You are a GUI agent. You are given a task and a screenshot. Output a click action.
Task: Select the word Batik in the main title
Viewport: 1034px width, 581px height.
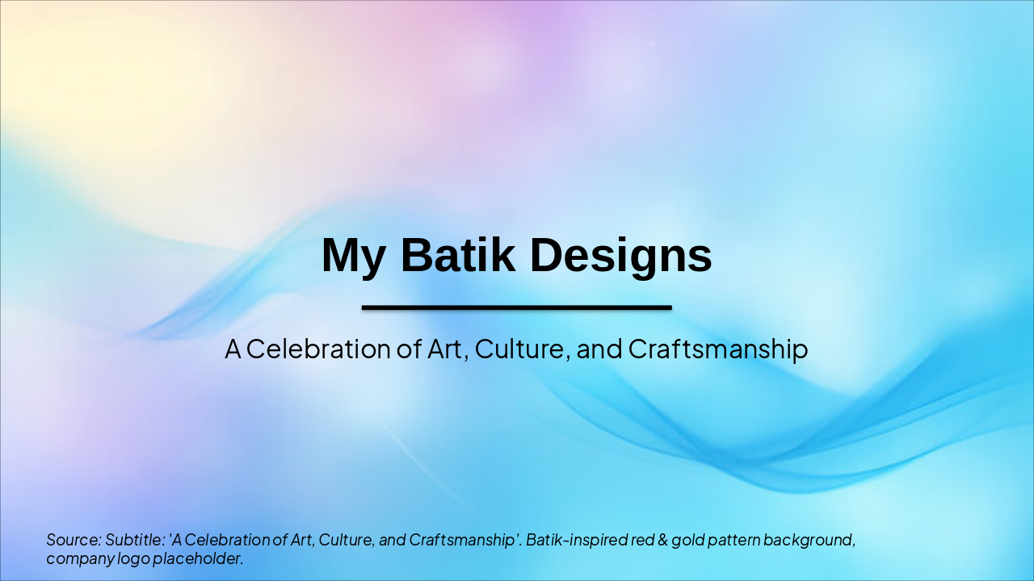tap(457, 257)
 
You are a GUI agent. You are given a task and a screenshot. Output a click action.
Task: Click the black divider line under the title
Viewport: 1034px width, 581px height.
tap(517, 307)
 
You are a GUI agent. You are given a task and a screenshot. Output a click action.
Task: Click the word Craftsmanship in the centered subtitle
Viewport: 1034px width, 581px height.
tap(717, 349)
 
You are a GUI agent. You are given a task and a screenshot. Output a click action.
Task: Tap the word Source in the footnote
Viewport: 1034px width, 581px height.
tap(74, 540)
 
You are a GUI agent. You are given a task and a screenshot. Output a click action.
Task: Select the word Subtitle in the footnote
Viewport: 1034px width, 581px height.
tap(134, 540)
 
